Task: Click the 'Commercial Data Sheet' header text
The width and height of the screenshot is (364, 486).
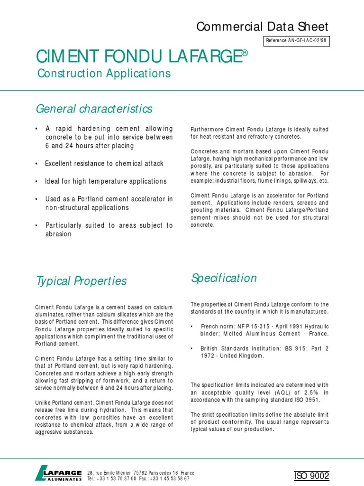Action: [262, 27]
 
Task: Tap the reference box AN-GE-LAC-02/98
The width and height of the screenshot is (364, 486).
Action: [296, 41]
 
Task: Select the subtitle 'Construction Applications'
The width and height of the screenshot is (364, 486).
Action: [104, 74]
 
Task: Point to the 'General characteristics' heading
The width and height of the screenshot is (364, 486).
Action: [94, 109]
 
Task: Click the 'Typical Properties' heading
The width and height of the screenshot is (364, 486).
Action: [82, 281]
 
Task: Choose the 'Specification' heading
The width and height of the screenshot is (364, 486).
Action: [224, 278]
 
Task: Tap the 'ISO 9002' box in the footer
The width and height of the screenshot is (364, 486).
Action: [311, 476]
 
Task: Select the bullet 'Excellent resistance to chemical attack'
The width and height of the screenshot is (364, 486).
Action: [104, 163]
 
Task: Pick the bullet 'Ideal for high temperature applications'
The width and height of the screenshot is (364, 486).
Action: [106, 181]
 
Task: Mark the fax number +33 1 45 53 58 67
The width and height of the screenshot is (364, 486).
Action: [169, 479]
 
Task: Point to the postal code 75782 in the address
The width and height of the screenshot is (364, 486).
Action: [141, 473]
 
